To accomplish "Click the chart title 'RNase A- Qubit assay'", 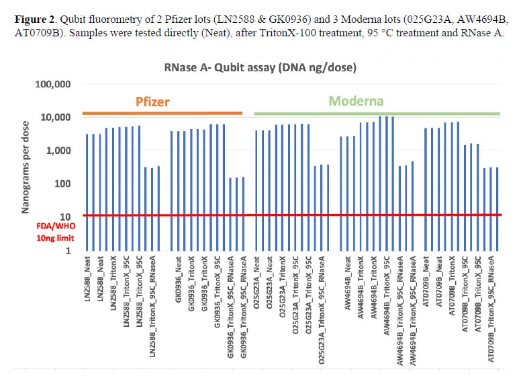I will [x=260, y=67].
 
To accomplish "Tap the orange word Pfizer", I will [x=152, y=102].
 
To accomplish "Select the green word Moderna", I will [x=356, y=102].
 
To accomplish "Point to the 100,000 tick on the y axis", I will [x=54, y=85].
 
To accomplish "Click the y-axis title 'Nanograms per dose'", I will [x=25, y=167].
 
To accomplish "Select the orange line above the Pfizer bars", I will [x=161, y=113].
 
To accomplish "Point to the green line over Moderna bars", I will [x=376, y=113].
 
